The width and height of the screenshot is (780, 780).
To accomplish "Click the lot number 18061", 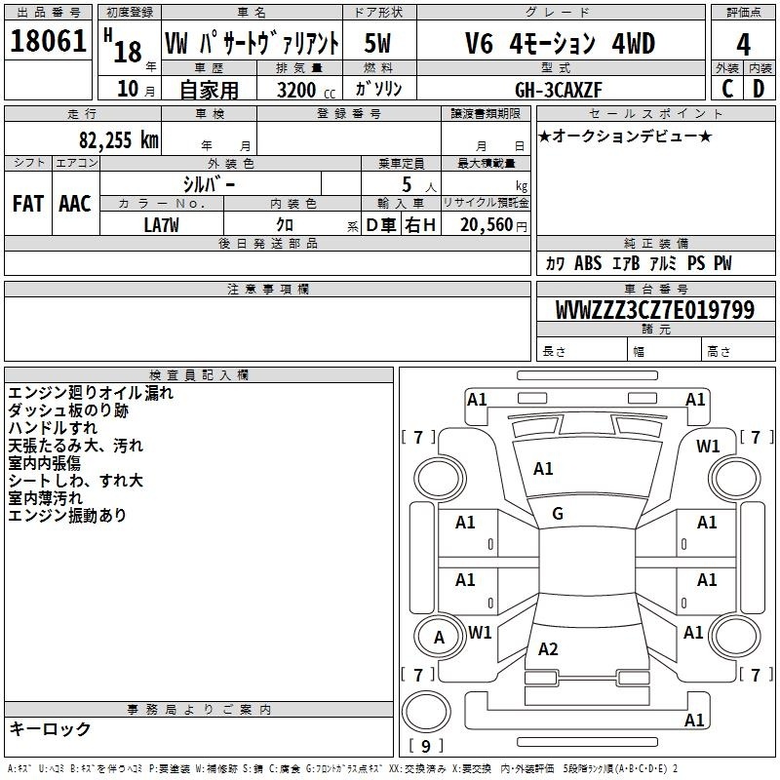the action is pyautogui.click(x=48, y=41).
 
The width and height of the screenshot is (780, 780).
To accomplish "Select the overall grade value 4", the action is pyautogui.click(x=743, y=45).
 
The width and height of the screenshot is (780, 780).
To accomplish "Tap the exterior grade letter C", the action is pyautogui.click(x=727, y=89).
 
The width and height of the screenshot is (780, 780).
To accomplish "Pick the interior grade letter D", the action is pyautogui.click(x=759, y=89).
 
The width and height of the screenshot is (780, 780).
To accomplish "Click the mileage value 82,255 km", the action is pyautogui.click(x=119, y=139).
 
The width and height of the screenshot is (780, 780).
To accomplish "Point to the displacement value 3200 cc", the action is pyautogui.click(x=306, y=90).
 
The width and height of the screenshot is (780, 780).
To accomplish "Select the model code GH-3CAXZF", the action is pyautogui.click(x=558, y=90).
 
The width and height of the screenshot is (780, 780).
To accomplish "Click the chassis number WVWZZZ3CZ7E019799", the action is pyautogui.click(x=655, y=310).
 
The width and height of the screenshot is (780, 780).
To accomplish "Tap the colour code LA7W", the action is pyautogui.click(x=161, y=225).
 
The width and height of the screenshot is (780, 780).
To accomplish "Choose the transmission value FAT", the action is pyautogui.click(x=28, y=204).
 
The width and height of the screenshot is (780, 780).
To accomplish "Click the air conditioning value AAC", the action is pyautogui.click(x=75, y=204).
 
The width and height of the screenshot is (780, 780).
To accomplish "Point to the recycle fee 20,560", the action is pyautogui.click(x=487, y=225).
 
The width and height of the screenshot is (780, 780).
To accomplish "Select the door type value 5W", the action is pyautogui.click(x=377, y=43).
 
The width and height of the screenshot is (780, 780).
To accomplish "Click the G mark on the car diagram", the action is pyautogui.click(x=558, y=514).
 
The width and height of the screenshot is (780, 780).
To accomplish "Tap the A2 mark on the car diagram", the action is pyautogui.click(x=548, y=649).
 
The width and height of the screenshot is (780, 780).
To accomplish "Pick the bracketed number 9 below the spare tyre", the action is pyautogui.click(x=426, y=746).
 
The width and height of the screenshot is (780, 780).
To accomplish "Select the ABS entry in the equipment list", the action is pyautogui.click(x=588, y=263).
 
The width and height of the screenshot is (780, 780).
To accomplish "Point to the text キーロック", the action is pyautogui.click(x=50, y=728).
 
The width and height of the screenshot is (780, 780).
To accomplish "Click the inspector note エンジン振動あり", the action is pyautogui.click(x=67, y=516).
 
